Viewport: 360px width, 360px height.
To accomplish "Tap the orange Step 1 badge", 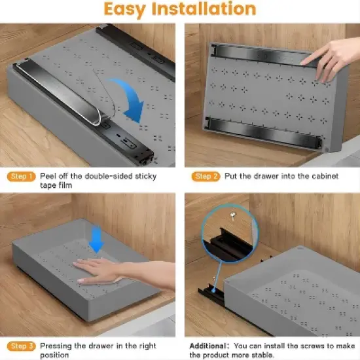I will coord(20,177).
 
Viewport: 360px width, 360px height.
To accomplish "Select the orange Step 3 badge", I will coord(20,346).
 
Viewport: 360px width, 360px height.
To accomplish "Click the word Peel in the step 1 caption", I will coord(50,177).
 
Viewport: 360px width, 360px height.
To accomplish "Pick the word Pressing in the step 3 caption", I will coord(55,346).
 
